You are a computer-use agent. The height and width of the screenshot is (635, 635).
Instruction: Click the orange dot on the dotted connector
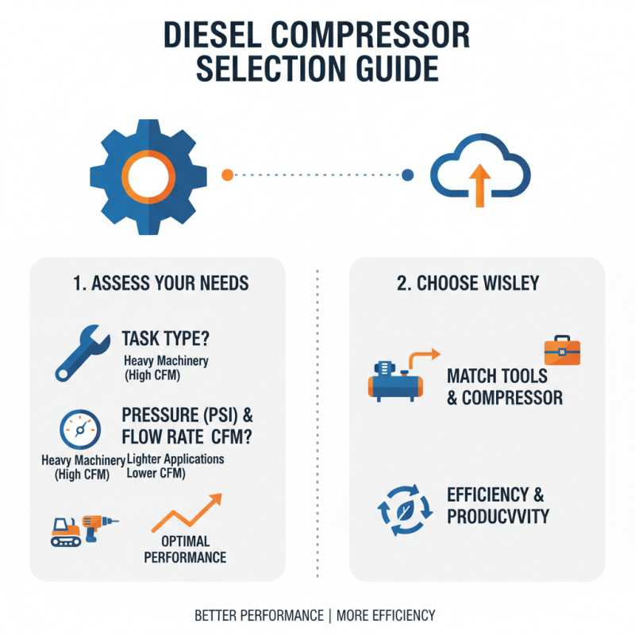pyautogui.click(x=227, y=174)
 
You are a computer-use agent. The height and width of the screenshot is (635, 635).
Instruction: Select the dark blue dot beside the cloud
pyautogui.click(x=408, y=174)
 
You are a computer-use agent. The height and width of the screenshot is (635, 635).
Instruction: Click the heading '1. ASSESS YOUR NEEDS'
pyautogui.click(x=157, y=283)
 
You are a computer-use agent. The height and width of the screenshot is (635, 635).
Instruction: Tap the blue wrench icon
pyautogui.click(x=78, y=350)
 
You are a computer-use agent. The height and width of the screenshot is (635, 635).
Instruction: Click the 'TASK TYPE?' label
pyautogui.click(x=166, y=339)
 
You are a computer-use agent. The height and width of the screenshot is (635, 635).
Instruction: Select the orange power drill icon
pyautogui.click(x=100, y=525)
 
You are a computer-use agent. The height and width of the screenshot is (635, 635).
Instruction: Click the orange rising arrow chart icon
pyautogui.click(x=188, y=512)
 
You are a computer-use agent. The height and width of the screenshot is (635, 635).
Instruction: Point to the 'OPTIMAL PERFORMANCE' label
pyautogui.click(x=185, y=548)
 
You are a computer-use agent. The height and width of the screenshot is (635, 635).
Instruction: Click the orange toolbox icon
pyautogui.click(x=562, y=350)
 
